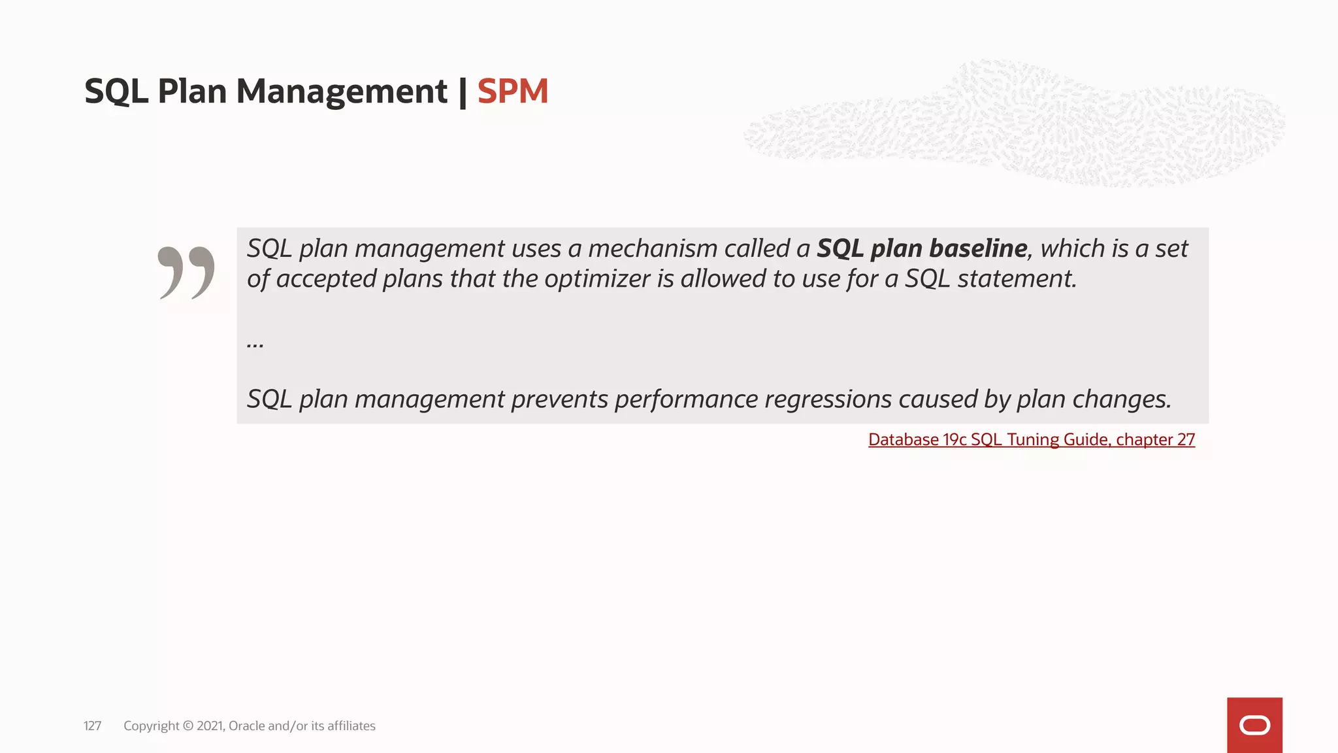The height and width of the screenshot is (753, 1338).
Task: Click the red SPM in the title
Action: pos(512,91)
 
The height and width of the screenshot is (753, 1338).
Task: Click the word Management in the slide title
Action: pos(342,91)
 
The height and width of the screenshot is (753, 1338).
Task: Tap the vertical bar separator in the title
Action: pos(463,92)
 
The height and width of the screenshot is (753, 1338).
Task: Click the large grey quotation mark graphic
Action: pos(186,272)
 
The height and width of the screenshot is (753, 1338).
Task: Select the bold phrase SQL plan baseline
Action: pos(922,248)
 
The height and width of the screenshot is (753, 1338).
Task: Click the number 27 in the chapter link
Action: pos(1186,439)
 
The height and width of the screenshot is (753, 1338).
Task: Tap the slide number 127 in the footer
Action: pos(92,726)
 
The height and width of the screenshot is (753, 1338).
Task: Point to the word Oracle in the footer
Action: pos(246,726)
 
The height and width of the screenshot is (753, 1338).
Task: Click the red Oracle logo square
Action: pos(1254,725)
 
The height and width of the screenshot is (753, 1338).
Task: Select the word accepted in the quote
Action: pos(326,279)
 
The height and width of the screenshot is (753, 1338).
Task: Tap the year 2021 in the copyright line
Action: pos(210,726)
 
